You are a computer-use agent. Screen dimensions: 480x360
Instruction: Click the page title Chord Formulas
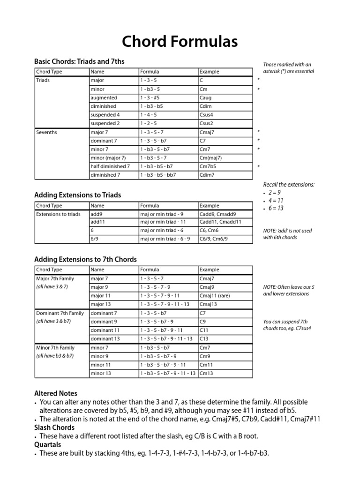point(180,42)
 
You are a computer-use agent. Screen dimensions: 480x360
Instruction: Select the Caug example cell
point(205,98)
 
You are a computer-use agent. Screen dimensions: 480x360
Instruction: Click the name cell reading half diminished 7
point(110,166)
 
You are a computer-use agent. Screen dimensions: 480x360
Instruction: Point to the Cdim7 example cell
point(207,175)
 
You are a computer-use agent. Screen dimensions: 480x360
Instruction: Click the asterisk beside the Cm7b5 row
point(258,167)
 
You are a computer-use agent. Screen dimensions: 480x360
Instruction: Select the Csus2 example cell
point(206,123)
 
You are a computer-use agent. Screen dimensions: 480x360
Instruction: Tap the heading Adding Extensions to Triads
point(78,195)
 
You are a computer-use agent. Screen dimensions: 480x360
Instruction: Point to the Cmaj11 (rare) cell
point(215,296)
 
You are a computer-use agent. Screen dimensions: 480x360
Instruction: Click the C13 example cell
point(204,338)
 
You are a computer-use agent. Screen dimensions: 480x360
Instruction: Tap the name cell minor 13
point(101,373)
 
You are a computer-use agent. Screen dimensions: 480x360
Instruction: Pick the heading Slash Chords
point(54,427)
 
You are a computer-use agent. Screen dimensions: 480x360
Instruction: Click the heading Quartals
point(48,444)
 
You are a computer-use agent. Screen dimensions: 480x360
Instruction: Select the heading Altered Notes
point(56,393)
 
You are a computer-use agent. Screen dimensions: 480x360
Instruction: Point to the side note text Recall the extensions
point(288,184)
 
